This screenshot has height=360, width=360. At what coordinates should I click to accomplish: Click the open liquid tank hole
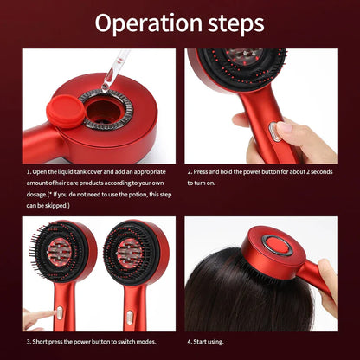[x=106, y=112]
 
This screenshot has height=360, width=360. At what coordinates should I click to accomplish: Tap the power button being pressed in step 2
[x=273, y=130]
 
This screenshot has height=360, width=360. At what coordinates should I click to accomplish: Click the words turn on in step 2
[x=210, y=183]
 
